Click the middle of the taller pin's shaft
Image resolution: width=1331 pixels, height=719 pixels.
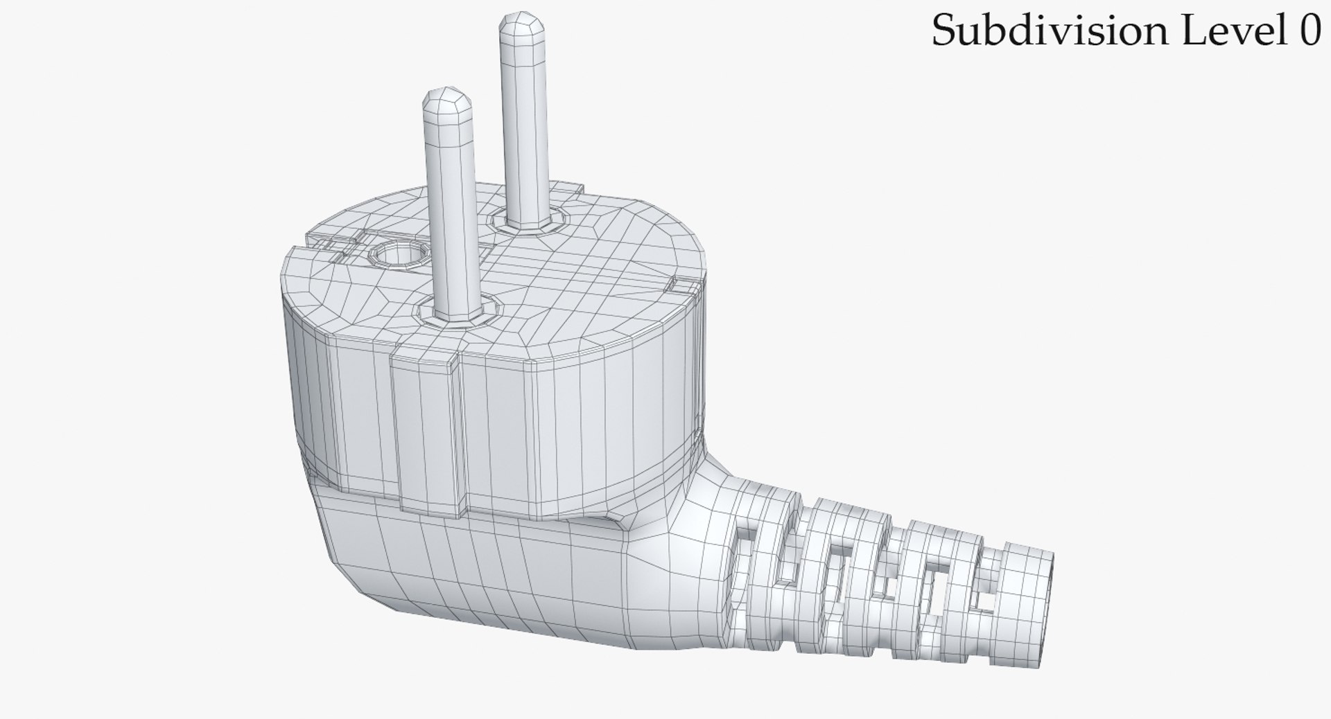525,125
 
